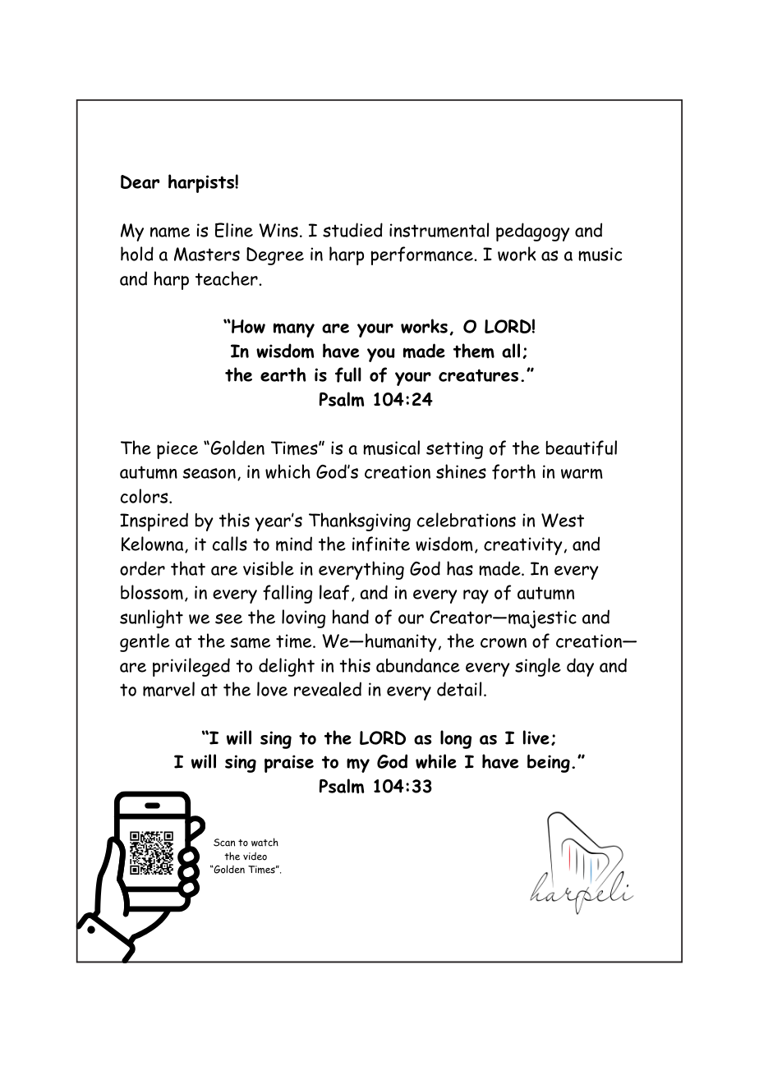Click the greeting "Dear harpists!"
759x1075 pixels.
point(180,182)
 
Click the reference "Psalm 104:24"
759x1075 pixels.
point(375,400)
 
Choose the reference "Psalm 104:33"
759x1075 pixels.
point(375,787)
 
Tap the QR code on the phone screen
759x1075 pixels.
point(152,852)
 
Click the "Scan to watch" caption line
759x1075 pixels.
point(246,843)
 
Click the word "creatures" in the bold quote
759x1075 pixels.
point(485,376)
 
